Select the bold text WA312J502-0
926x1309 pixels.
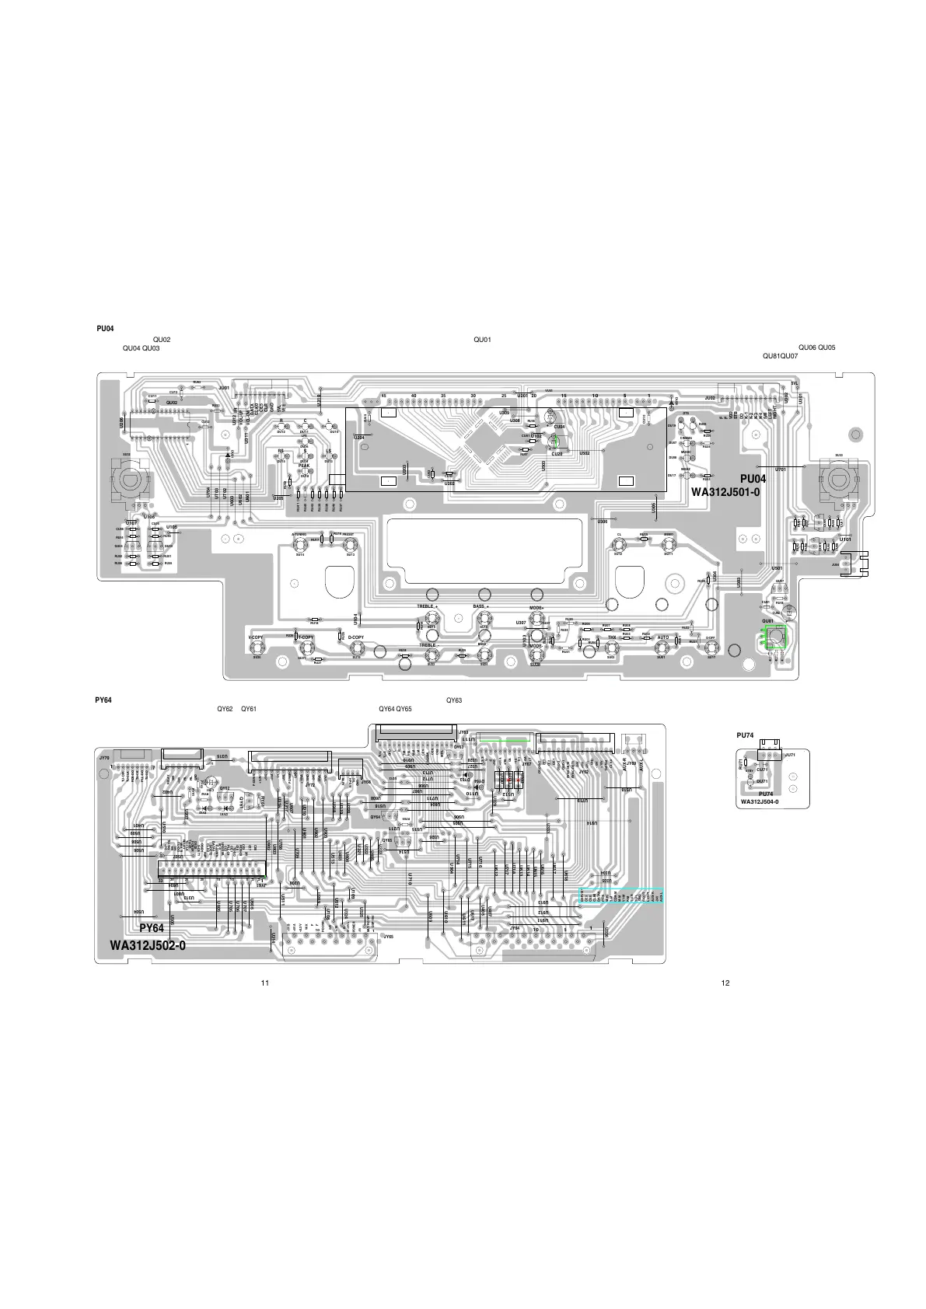[148, 945]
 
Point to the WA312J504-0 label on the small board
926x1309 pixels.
[760, 801]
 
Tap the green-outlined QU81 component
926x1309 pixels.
[775, 637]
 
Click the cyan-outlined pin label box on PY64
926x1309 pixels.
[620, 896]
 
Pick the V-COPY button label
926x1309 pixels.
[256, 637]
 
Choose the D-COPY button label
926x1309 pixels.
[356, 637]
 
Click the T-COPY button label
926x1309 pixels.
[306, 637]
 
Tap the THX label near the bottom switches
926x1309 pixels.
[612, 637]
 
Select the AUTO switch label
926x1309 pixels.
[662, 637]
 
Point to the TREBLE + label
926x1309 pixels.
[428, 606]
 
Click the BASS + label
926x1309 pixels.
[480, 606]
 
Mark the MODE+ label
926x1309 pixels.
[536, 607]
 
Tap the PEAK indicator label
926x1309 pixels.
[304, 466]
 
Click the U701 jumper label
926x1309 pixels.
[781, 469]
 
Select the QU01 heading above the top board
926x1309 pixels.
[482, 340]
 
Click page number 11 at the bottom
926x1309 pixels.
[264, 983]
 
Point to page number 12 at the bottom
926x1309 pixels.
[725, 983]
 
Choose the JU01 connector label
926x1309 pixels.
[224, 387]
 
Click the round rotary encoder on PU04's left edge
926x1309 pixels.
[126, 478]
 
